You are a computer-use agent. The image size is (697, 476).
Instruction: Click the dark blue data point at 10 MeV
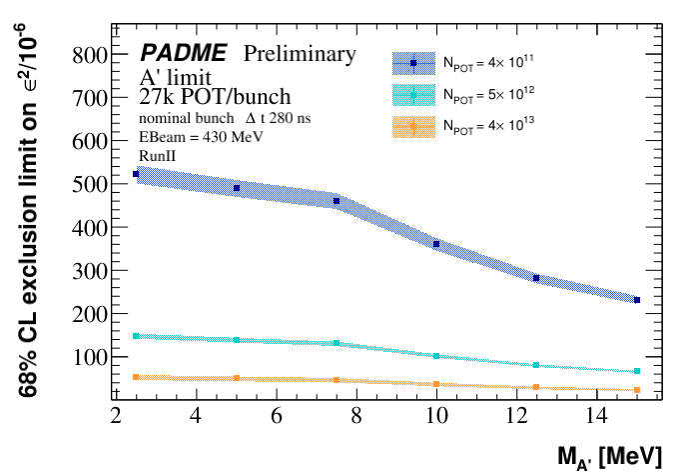[x=436, y=244]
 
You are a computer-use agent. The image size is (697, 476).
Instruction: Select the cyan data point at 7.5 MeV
[x=337, y=343]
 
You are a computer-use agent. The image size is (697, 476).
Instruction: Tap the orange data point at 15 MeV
[x=637, y=390]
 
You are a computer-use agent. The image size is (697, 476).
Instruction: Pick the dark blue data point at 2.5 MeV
[x=136, y=174]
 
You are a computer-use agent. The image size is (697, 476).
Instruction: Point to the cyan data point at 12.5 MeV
[x=536, y=365]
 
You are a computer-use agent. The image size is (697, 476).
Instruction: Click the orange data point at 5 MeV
[x=237, y=378]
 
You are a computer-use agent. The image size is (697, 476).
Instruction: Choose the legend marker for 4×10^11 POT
[x=413, y=63]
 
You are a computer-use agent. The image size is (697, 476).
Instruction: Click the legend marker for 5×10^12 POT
[x=413, y=95]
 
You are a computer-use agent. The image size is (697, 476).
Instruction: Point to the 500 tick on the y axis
[x=110, y=185]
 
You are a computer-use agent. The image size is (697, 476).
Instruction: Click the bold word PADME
[x=183, y=53]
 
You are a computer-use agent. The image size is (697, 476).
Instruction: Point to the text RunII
[x=157, y=155]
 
